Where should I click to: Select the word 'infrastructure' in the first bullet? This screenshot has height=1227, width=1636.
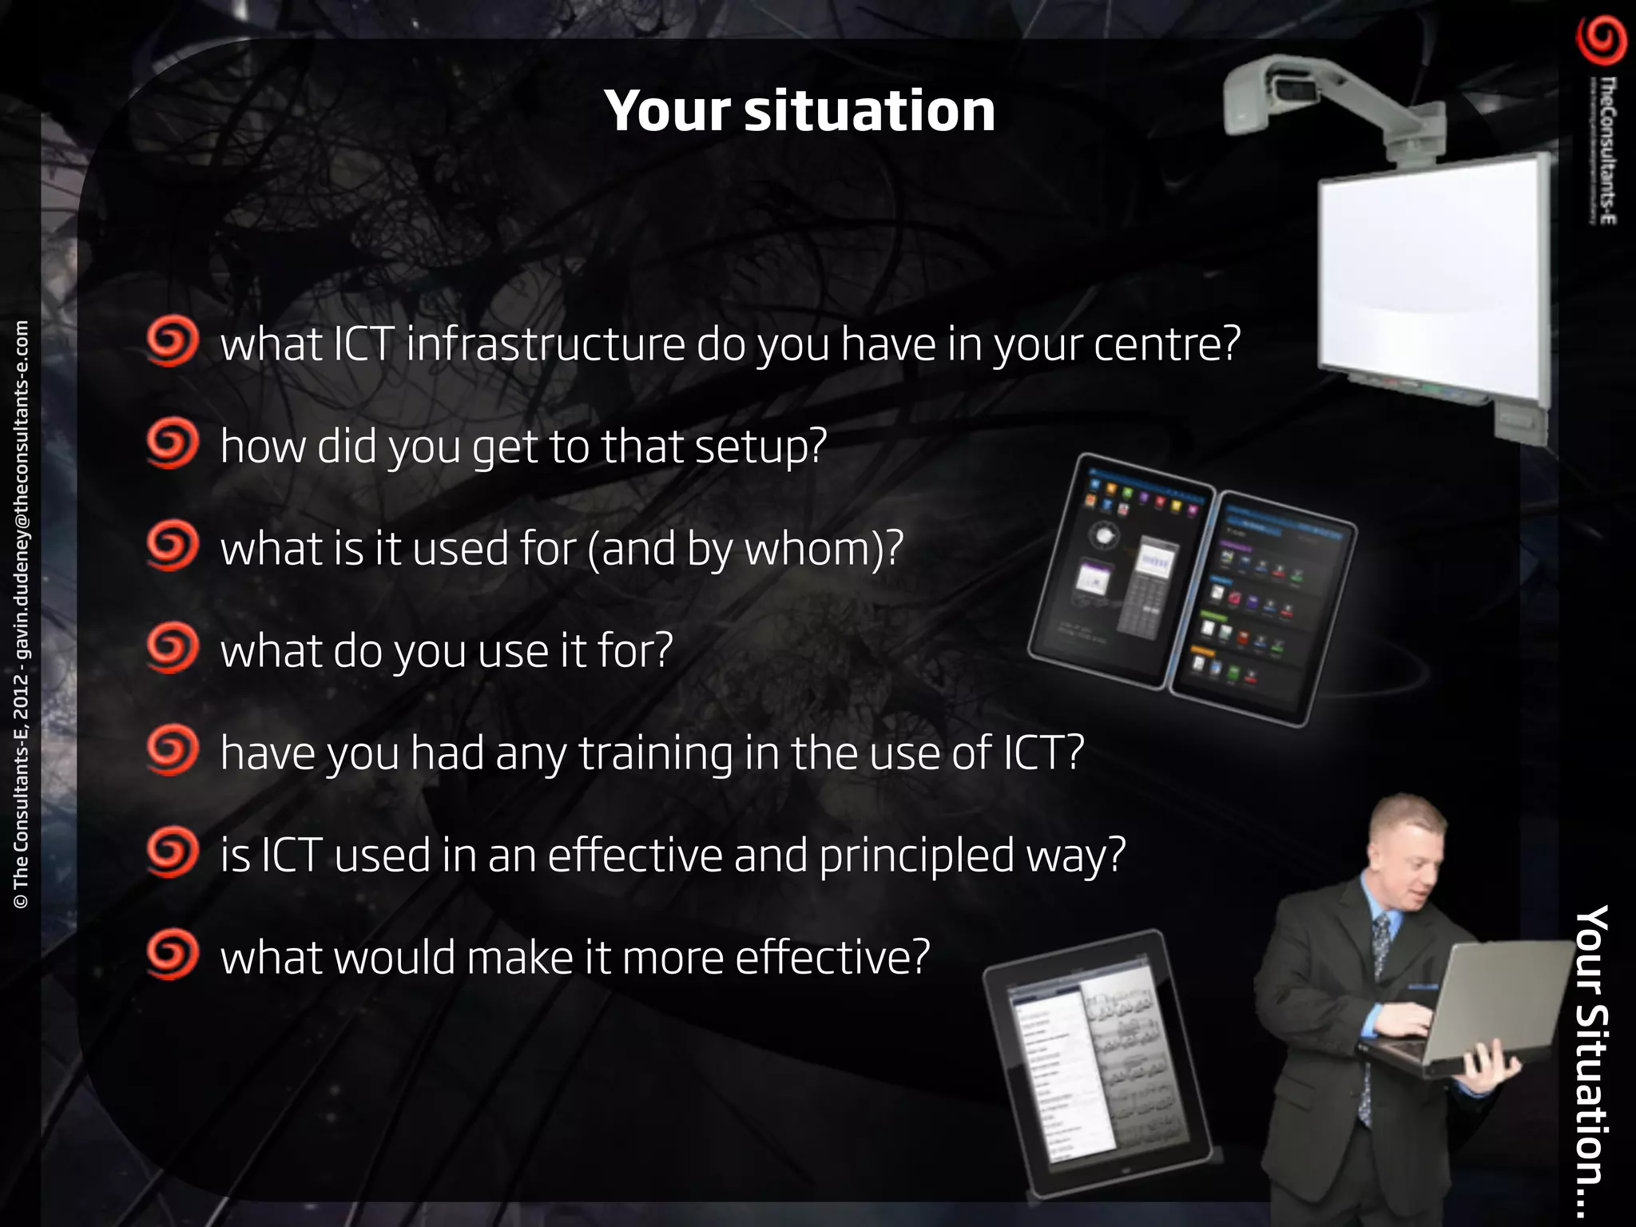point(546,344)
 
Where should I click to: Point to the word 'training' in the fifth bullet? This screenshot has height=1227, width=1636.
point(655,753)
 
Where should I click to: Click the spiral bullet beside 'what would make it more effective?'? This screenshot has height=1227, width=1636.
point(172,954)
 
